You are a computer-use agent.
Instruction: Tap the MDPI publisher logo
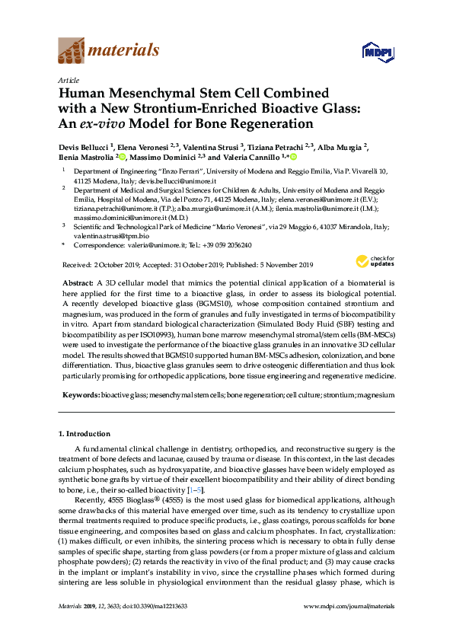[377, 52]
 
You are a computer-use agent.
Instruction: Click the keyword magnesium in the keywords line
[376, 396]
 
